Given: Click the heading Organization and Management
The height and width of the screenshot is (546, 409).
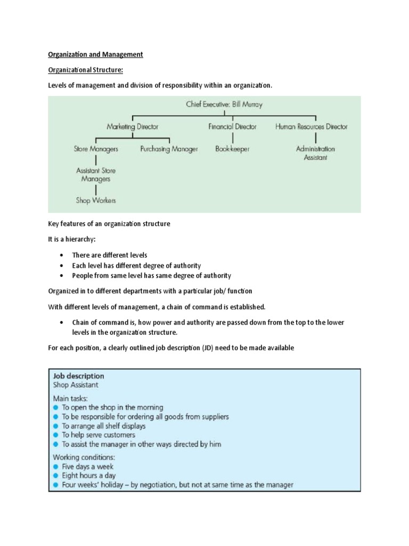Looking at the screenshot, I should tap(96, 54).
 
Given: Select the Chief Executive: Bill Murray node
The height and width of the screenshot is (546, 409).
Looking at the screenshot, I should tap(224, 105).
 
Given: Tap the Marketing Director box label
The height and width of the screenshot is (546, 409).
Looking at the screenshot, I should tap(132, 127).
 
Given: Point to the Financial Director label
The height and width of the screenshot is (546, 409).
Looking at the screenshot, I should tap(232, 127).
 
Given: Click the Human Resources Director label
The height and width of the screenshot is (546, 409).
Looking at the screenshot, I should tap(312, 127).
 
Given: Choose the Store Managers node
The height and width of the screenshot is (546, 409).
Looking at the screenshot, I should tap(96, 149).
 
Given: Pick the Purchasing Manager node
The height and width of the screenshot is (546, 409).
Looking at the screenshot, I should tap(169, 149).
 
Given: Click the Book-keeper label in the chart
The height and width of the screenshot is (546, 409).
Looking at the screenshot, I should tap(232, 149).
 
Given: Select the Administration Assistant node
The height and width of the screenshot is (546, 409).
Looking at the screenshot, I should tap(315, 153).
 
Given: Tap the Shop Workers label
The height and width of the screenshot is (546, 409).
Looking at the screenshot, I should tap(95, 200).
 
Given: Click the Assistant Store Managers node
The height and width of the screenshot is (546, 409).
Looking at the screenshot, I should tap(95, 175).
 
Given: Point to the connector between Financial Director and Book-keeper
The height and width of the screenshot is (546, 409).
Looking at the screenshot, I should tap(232, 138).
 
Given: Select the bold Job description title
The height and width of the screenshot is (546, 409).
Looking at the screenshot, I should tap(78, 376).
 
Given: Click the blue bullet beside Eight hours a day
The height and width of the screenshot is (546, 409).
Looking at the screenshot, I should tap(55, 476).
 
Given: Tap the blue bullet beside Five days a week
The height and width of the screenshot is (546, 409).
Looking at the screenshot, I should tap(55, 466).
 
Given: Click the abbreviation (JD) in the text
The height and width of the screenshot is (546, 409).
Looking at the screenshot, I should tap(215, 348).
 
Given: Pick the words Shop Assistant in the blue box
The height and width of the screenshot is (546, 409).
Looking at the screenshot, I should tap(75, 384).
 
